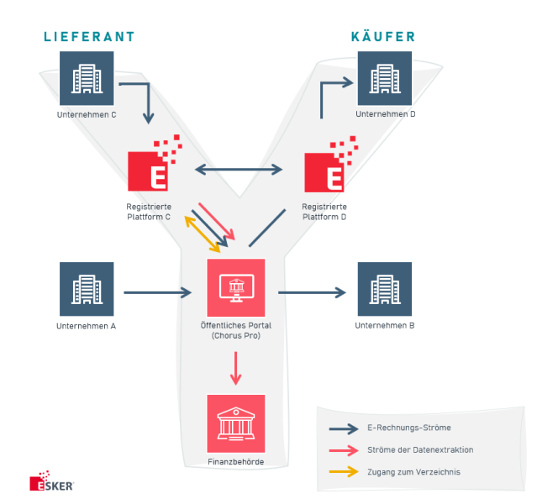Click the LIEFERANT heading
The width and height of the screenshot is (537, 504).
coord(89,37)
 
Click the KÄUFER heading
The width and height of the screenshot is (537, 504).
coord(383,37)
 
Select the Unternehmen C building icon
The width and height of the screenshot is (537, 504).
coord(87,78)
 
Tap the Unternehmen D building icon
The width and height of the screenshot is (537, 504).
coord(385,78)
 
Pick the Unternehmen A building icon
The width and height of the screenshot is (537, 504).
coord(87,290)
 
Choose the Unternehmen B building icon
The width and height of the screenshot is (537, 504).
coord(385,290)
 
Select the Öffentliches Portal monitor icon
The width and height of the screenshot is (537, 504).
coord(236,287)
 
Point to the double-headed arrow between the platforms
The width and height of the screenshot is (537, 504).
coord(239,170)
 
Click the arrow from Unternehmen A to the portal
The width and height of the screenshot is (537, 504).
coord(158,292)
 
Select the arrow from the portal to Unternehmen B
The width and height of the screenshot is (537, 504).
coord(312,292)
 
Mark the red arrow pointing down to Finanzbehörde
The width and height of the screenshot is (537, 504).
coord(236,368)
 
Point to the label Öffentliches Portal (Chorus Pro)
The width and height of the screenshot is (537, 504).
coord(236,330)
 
